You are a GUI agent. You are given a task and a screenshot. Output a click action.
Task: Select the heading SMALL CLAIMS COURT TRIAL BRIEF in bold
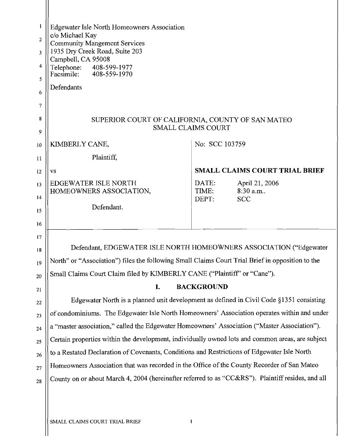[x=259, y=171]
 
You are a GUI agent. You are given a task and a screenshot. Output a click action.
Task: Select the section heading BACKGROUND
[x=202, y=287]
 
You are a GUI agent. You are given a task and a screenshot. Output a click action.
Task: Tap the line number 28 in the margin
[x=39, y=382]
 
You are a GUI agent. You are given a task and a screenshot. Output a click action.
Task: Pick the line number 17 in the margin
[x=39, y=237]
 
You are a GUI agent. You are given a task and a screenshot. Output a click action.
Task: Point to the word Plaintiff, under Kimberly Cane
[x=104, y=157]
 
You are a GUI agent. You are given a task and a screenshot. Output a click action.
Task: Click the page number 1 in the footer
[x=191, y=422]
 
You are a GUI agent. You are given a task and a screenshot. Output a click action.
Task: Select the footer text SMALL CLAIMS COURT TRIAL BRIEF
[x=96, y=422]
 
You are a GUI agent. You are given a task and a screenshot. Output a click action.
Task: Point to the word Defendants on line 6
[x=66, y=87]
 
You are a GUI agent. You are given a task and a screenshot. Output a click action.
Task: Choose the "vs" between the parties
[x=53, y=171]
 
